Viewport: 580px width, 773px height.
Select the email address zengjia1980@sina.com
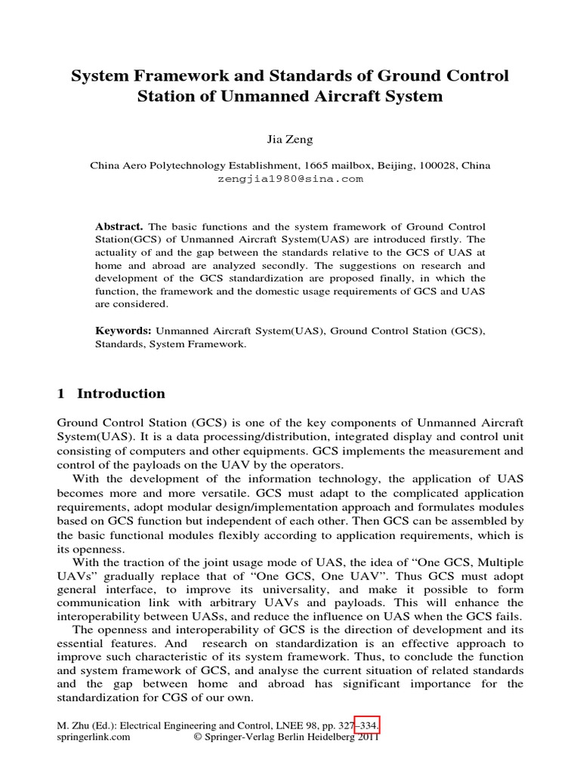coord(290,179)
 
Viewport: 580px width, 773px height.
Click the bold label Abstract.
coord(119,226)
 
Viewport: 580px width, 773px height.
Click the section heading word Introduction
coord(121,393)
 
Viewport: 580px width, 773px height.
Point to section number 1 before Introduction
coord(61,393)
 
